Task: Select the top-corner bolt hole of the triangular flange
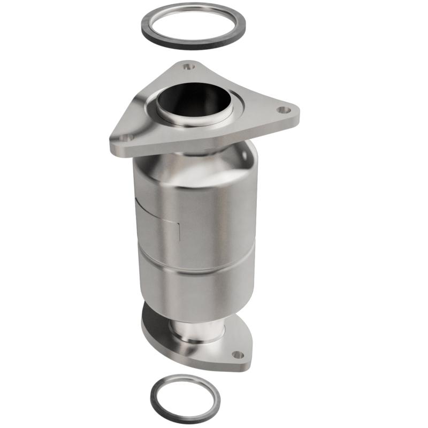pos(187,67)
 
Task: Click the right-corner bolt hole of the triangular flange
pos(283,110)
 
